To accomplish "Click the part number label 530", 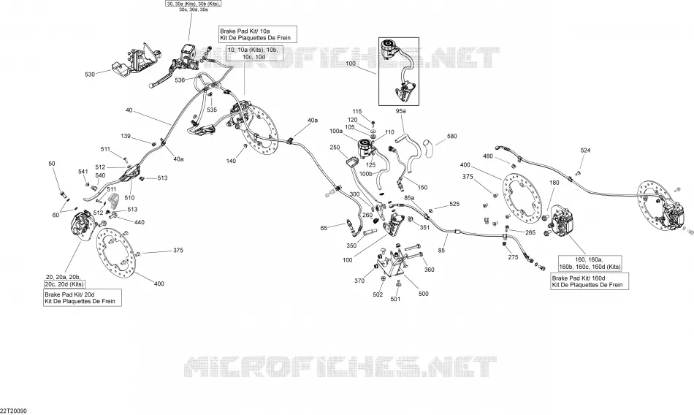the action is pos(90,75).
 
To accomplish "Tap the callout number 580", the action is pos(452,137).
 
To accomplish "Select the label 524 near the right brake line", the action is pos(586,151).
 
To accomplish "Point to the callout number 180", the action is pos(554,183).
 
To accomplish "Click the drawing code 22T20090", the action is pos(14,411).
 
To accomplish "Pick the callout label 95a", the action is pos(400,111).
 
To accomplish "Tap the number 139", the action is pos(126,136).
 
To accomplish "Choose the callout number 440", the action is pos(139,222).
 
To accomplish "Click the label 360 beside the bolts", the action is pos(430,270).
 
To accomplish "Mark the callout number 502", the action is pos(378,294).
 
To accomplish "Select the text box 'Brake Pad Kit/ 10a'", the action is pos(258,34).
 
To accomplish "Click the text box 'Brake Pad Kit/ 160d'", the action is pos(590,282).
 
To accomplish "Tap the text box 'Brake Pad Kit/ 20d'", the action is pos(83,297).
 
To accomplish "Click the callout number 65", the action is pos(324,228).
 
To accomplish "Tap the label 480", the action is pos(488,156).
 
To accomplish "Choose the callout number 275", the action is pos(513,257).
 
